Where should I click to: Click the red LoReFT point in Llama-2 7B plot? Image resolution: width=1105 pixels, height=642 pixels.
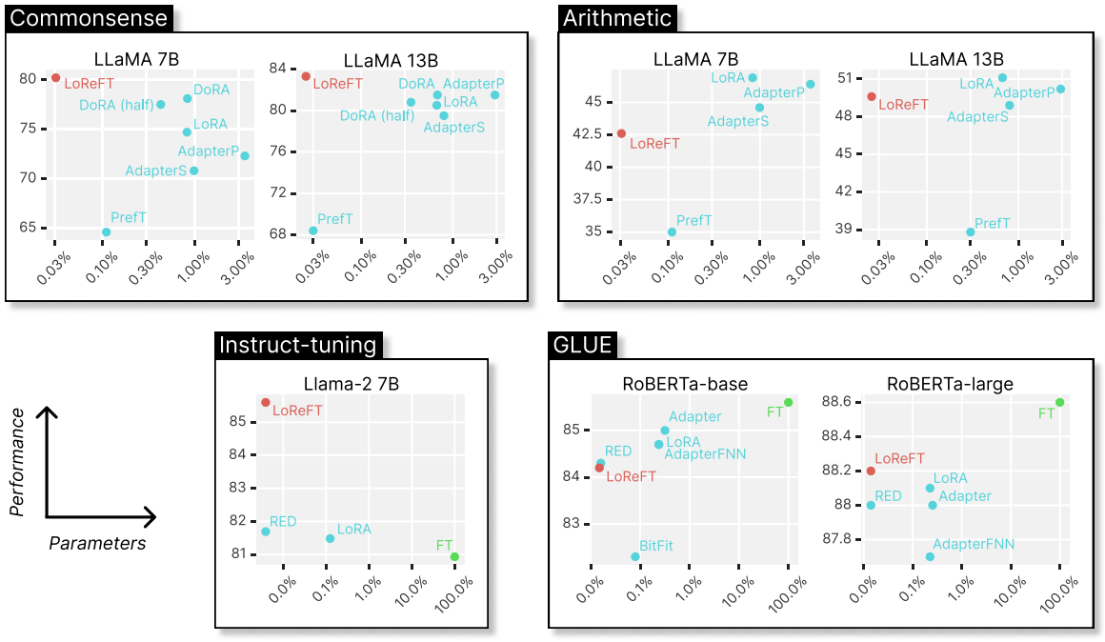(x=266, y=403)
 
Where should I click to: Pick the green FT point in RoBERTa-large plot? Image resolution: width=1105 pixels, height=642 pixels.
(x=1060, y=403)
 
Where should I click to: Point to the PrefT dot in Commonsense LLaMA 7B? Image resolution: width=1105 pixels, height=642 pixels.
(x=107, y=232)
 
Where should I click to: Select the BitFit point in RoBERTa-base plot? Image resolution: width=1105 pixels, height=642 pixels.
(x=635, y=557)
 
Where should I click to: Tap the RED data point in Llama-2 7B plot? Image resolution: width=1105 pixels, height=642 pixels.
(x=266, y=532)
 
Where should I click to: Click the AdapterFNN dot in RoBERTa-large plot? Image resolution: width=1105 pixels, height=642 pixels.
(x=930, y=557)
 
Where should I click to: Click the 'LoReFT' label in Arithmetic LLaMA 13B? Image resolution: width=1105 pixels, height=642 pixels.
(x=903, y=104)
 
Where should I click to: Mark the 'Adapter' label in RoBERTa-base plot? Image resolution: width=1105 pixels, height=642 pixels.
(x=694, y=417)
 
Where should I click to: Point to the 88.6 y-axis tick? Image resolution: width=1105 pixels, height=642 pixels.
(x=837, y=403)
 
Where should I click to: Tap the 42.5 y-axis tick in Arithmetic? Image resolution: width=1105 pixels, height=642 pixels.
(x=587, y=134)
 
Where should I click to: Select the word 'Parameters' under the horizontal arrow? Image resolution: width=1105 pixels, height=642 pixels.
(x=97, y=544)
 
